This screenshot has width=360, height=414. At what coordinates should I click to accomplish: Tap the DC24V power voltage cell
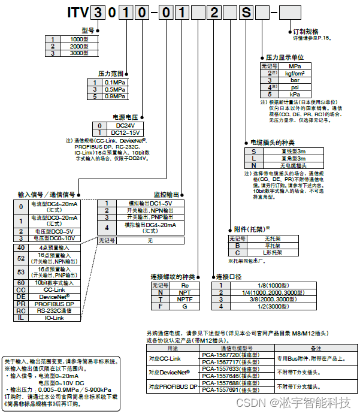click(x=125, y=125)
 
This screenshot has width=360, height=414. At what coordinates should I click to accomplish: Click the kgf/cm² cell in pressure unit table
click(x=295, y=72)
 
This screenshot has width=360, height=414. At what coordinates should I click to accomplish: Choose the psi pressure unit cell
click(x=295, y=87)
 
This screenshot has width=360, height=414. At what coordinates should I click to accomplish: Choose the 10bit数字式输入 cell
click(x=55, y=282)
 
